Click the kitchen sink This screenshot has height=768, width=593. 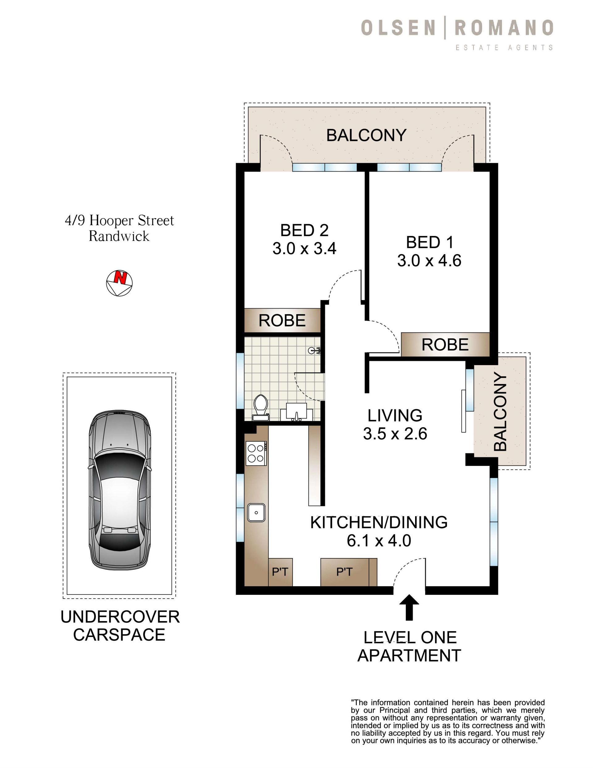tap(256, 513)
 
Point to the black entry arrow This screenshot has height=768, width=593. tap(409, 607)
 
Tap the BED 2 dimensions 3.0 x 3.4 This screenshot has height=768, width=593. tap(304, 249)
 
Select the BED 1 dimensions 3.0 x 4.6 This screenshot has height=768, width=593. tap(429, 261)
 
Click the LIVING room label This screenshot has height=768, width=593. tap(395, 415)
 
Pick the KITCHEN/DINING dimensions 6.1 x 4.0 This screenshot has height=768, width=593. tap(379, 540)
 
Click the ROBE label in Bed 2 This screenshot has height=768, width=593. tap(282, 320)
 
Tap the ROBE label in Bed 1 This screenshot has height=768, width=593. tap(445, 345)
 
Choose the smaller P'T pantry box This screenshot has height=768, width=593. tap(280, 572)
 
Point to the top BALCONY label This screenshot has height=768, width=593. tap(366, 135)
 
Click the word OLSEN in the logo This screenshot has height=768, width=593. tap(398, 28)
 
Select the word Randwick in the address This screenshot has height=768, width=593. tap(119, 236)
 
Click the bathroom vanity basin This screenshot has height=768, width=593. tap(296, 412)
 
